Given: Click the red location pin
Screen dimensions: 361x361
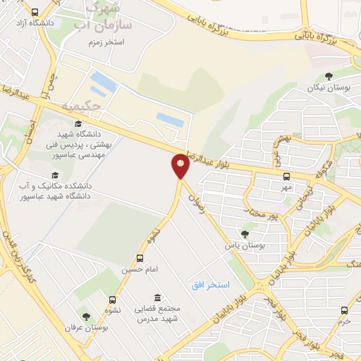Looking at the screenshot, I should (x=180, y=166).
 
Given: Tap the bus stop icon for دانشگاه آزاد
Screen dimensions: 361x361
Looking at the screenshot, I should (x=35, y=13).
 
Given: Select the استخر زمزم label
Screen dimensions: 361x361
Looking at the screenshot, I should (x=106, y=42).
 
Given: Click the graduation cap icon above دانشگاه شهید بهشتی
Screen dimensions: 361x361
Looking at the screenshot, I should (x=78, y=124).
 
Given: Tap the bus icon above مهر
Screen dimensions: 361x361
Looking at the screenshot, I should (x=286, y=176).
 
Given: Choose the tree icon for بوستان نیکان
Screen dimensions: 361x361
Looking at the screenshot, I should (x=328, y=76).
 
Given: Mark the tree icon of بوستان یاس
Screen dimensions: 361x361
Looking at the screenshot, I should (x=245, y=233).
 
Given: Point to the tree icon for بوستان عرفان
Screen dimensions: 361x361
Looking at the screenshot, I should (x=86, y=317).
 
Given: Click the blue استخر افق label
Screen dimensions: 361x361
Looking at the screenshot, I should (x=210, y=284).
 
